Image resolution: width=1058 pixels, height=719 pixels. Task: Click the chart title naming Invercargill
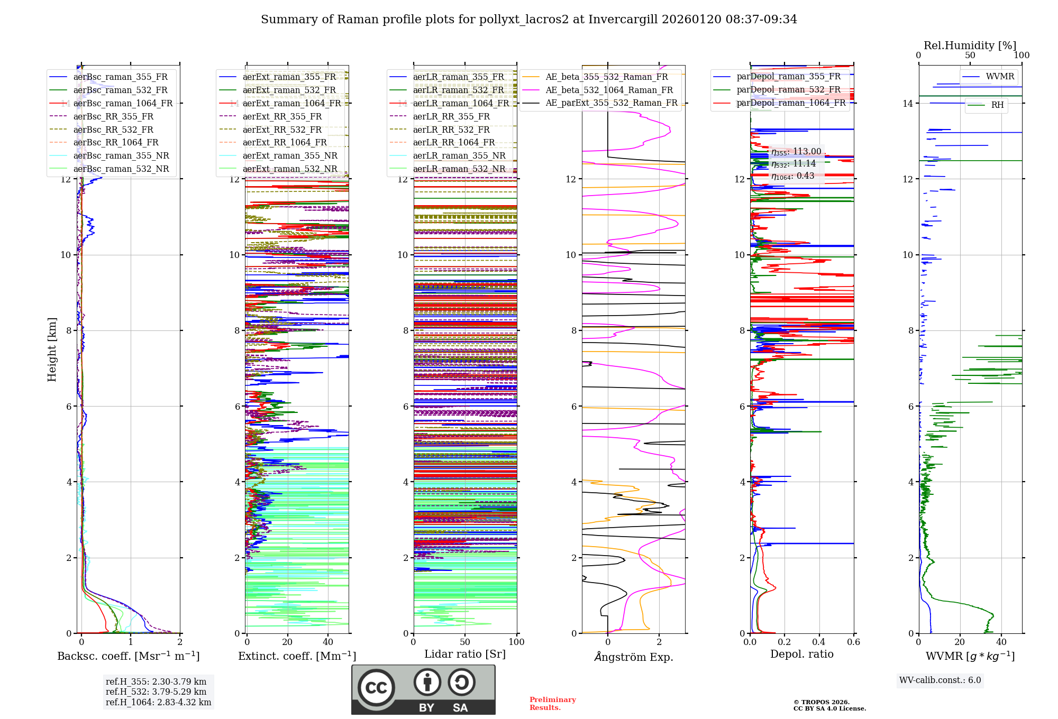pyautogui.click(x=528, y=20)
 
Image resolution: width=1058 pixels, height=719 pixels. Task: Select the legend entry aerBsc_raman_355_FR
pyautogui.click(x=120, y=77)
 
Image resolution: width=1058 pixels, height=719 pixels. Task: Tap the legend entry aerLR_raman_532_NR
pyautogui.click(x=459, y=169)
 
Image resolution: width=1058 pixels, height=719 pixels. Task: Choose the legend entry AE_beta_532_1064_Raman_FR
pyautogui.click(x=609, y=90)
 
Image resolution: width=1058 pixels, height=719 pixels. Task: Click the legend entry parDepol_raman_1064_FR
pyautogui.click(x=791, y=103)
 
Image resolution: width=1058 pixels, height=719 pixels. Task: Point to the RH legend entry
pyautogui.click(x=997, y=105)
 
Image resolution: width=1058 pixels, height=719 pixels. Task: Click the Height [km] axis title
pyautogui.click(x=52, y=349)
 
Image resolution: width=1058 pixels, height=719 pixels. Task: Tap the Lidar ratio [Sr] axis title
pyautogui.click(x=464, y=655)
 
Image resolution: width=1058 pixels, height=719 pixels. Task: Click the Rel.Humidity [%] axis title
pyautogui.click(x=970, y=45)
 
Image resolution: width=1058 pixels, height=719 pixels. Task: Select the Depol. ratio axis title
pyautogui.click(x=801, y=655)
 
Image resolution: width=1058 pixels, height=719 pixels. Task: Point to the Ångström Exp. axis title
pyautogui.click(x=633, y=657)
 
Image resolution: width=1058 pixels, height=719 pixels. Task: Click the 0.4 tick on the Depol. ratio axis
pyautogui.click(x=818, y=642)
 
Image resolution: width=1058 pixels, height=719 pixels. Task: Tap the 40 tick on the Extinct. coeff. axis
pyautogui.click(x=328, y=642)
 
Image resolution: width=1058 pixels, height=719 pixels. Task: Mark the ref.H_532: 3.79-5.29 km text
pyautogui.click(x=156, y=692)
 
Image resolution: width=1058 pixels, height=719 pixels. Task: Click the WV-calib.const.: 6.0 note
pyautogui.click(x=940, y=680)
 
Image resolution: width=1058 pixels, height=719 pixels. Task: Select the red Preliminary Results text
pyautogui.click(x=552, y=704)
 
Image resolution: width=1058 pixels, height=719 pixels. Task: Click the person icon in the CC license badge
pyautogui.click(x=427, y=683)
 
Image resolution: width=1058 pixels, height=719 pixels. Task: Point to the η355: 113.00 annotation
pyautogui.click(x=796, y=152)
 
